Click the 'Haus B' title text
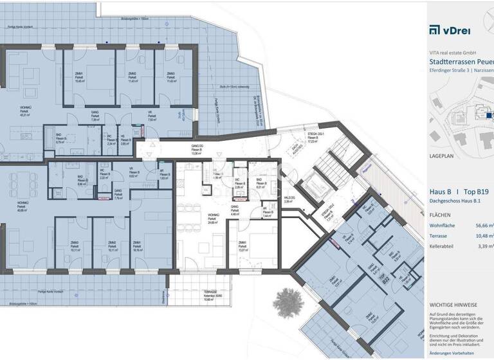click(x=440, y=192)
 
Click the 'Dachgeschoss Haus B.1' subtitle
click(x=459, y=203)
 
